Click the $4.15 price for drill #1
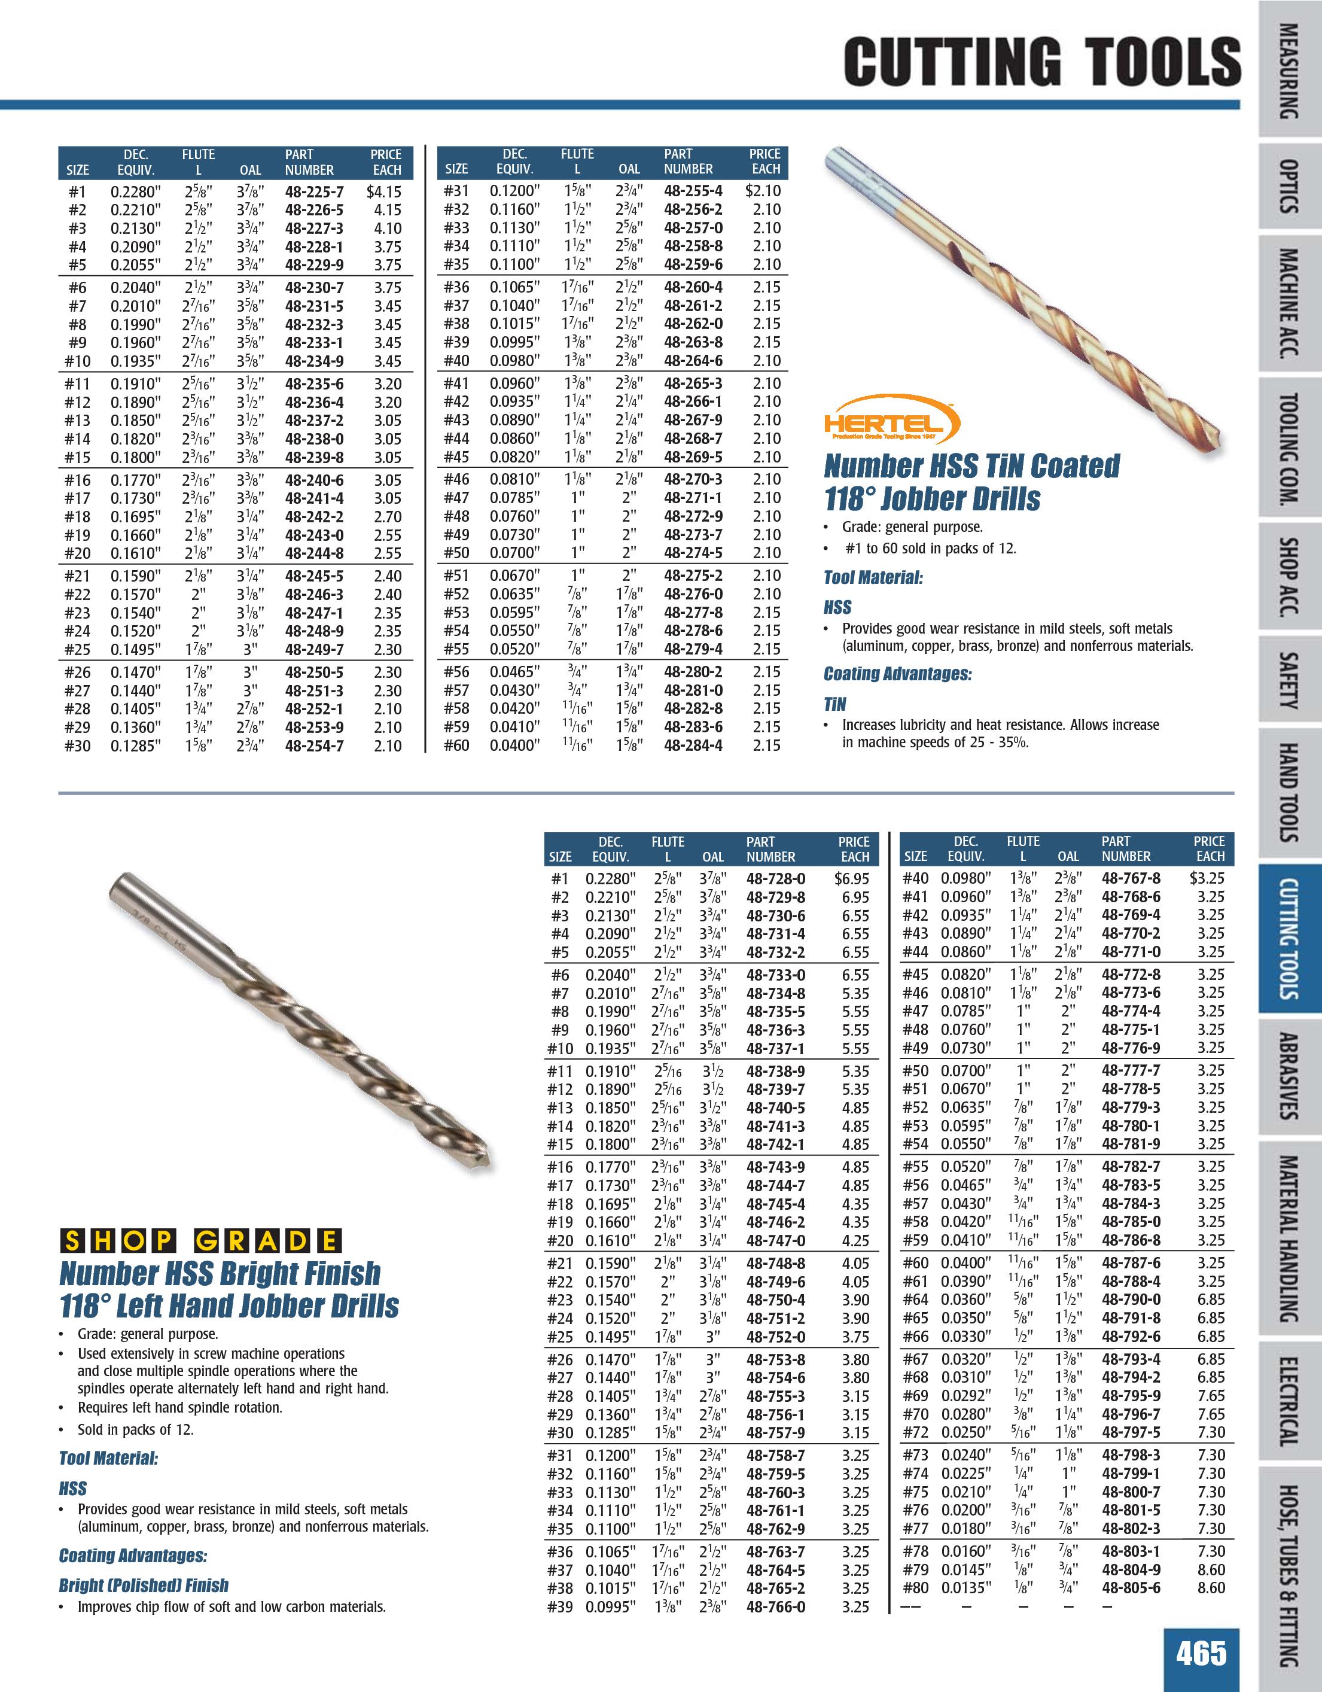click(384, 191)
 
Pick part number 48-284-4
click(693, 745)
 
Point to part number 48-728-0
click(775, 878)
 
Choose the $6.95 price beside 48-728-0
click(852, 878)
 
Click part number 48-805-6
click(1131, 1588)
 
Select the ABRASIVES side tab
click(1289, 1076)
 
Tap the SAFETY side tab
click(1289, 681)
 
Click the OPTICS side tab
click(1289, 186)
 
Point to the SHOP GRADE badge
click(200, 1241)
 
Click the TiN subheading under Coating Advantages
click(835, 704)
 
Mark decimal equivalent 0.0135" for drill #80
click(965, 1588)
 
